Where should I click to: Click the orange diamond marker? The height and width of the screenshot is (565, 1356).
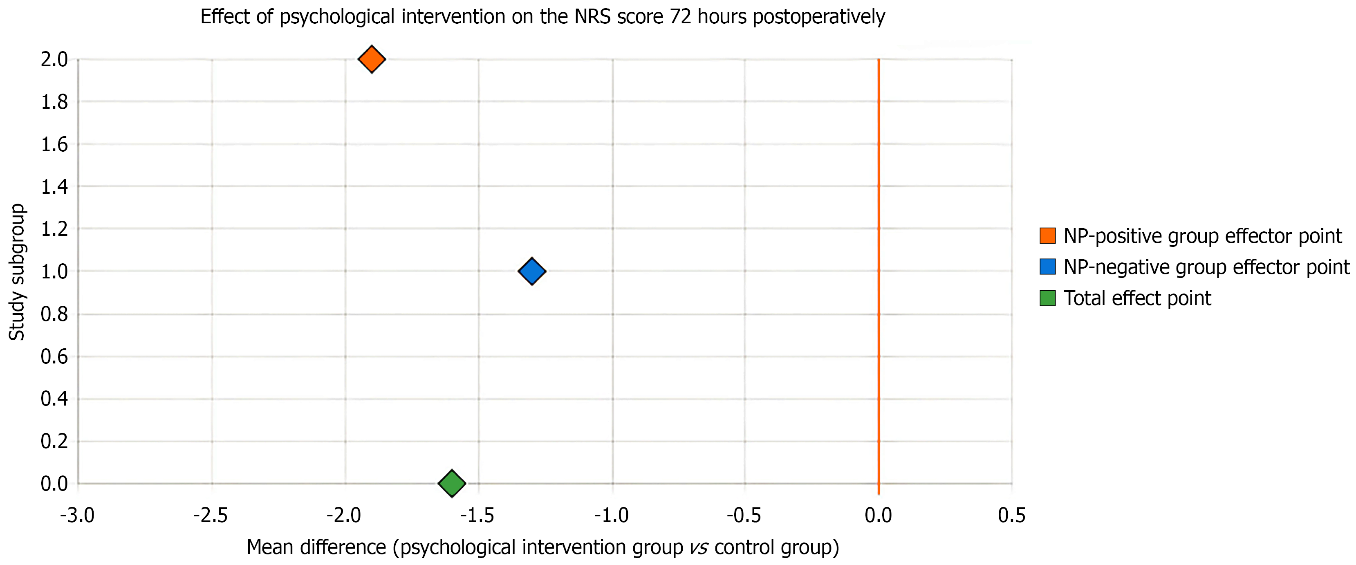point(372,59)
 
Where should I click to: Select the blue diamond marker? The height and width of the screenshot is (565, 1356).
point(532,271)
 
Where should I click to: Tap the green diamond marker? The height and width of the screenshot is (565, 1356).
point(452,483)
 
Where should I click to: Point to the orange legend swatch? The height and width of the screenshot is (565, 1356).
point(1047,235)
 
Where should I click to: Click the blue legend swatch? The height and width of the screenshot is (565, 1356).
point(1047,267)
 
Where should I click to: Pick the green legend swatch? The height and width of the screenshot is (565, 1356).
point(1047,298)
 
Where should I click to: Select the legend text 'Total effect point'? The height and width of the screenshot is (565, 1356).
point(1137,298)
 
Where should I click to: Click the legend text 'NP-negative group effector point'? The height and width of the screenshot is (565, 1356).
point(1206,267)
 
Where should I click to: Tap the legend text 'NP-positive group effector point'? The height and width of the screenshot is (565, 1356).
point(1202,236)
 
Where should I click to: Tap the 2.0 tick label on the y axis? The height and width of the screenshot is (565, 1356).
point(55,60)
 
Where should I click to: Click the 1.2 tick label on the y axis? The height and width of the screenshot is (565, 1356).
point(55,229)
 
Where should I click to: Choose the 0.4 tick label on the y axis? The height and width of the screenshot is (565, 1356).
point(55,399)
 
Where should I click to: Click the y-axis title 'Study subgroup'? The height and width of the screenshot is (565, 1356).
point(17,272)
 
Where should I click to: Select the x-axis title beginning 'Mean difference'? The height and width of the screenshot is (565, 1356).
point(542,547)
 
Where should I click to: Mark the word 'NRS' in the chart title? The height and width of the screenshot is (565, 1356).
point(593,17)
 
